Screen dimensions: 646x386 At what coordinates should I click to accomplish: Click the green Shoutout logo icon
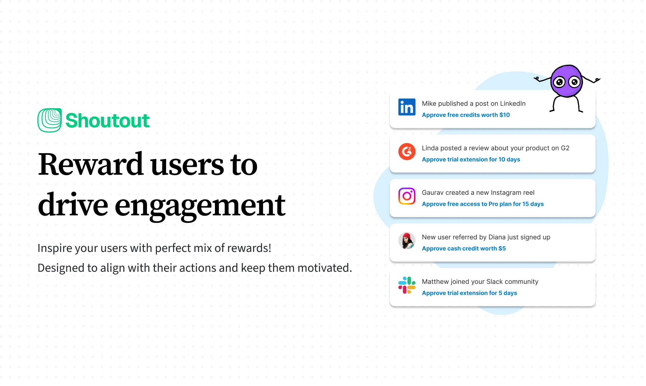pos(50,120)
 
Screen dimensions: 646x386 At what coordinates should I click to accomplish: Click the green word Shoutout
pos(108,121)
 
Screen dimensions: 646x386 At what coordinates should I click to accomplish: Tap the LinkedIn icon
pos(407,107)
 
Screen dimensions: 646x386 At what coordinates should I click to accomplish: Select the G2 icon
pos(407,151)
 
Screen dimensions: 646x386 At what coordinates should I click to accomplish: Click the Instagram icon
pos(407,196)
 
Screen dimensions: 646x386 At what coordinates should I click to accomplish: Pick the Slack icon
pos(407,285)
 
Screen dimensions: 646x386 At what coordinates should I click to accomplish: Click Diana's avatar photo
pos(407,240)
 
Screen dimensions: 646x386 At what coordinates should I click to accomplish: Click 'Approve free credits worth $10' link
pos(466,115)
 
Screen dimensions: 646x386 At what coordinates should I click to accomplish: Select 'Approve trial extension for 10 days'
pos(471,159)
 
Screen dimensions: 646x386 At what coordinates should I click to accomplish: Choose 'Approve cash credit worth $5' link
pos(464,248)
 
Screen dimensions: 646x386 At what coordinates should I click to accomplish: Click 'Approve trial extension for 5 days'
pos(469,293)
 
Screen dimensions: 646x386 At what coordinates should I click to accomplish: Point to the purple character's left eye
pos(559,83)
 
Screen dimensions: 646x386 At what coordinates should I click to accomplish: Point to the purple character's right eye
pos(574,82)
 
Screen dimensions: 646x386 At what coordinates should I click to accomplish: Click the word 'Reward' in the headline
pos(90,164)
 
